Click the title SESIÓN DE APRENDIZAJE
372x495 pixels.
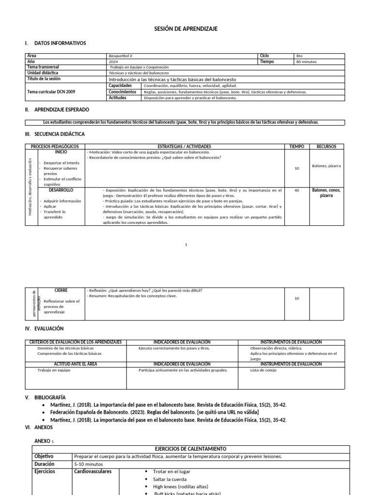click(x=186, y=29)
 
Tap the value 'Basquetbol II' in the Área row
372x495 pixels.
click(x=121, y=56)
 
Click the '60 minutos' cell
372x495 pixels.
click(x=306, y=62)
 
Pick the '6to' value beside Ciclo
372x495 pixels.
click(x=299, y=56)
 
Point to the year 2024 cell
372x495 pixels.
click(x=113, y=62)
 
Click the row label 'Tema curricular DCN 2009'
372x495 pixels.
click(x=51, y=91)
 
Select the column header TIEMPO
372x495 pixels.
click(x=296, y=146)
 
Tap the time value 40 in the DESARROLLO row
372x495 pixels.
click(x=296, y=190)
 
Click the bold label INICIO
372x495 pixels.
click(x=61, y=152)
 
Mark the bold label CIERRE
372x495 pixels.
click(x=61, y=291)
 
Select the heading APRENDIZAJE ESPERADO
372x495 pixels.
click(x=62, y=110)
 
